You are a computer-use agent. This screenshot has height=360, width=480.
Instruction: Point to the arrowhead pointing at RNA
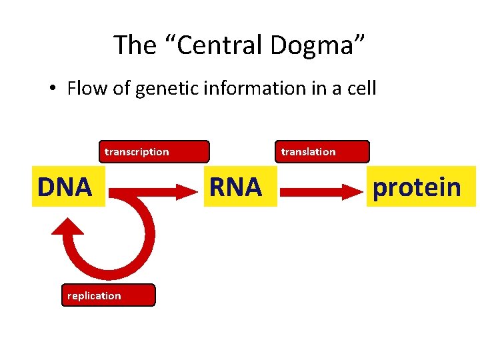194,193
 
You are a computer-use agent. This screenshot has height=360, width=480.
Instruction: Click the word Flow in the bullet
87,89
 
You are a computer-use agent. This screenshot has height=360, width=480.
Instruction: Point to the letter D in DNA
47,188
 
